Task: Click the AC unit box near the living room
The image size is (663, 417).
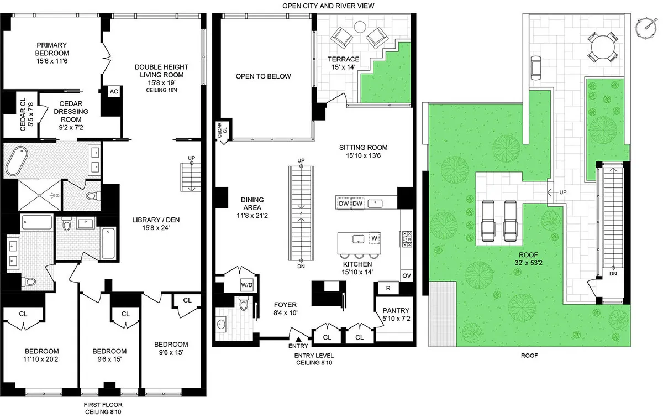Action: click(114, 91)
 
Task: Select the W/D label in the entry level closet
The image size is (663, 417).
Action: click(246, 285)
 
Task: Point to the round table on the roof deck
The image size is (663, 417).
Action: click(602, 46)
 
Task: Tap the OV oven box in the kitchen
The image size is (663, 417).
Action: click(406, 275)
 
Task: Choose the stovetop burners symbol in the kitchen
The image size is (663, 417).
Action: click(407, 239)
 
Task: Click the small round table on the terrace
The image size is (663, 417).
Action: click(359, 26)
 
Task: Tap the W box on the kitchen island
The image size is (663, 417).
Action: click(374, 239)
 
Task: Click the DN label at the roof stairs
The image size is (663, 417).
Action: click(612, 273)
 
